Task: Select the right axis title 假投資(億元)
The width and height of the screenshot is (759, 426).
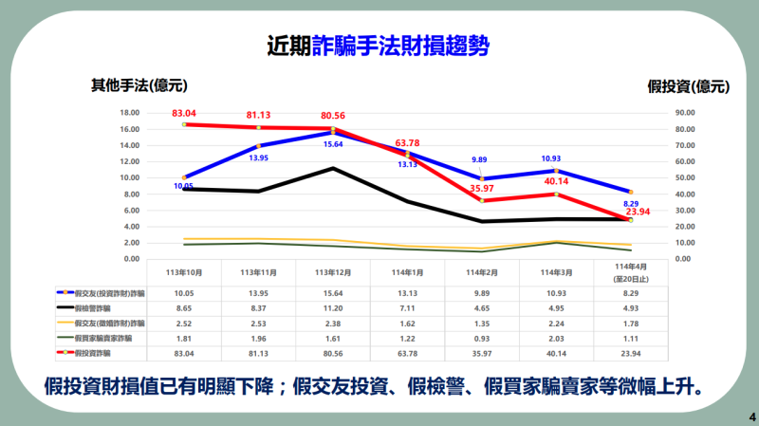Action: click(x=688, y=86)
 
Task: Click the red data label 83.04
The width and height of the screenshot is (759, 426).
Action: click(x=184, y=113)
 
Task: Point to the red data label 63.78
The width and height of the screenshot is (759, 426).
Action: click(x=407, y=143)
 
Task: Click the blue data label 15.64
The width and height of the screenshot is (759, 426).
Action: click(x=333, y=144)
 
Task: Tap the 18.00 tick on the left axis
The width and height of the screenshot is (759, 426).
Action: click(x=130, y=113)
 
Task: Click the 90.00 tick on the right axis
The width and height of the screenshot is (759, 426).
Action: click(x=685, y=113)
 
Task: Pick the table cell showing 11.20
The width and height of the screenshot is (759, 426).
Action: click(x=333, y=309)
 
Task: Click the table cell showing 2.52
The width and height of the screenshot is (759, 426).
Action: click(x=184, y=324)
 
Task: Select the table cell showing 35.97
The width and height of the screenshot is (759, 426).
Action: click(x=482, y=352)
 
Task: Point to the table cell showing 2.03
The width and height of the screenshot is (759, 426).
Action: click(x=556, y=338)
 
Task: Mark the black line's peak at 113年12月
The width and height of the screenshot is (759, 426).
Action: click(x=333, y=168)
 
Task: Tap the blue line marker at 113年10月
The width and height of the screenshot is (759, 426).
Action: click(x=184, y=177)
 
